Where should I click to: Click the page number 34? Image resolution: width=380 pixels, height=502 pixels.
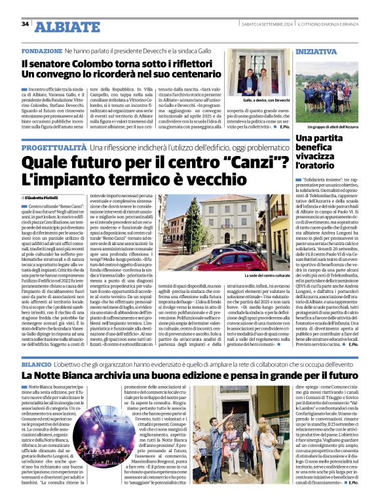click(25, 24)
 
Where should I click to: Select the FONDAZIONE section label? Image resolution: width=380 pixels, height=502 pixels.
click(42, 50)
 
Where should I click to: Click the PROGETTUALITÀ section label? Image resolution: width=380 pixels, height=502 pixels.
click(54, 149)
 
